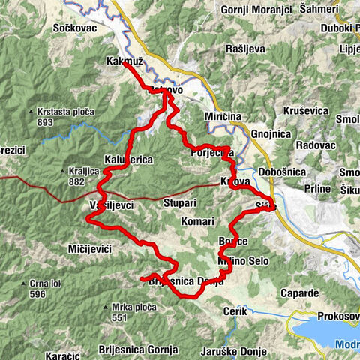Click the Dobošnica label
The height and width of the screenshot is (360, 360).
tap(280, 172)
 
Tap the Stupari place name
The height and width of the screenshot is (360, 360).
tap(181, 202)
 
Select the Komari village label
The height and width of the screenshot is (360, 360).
tap(198, 222)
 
